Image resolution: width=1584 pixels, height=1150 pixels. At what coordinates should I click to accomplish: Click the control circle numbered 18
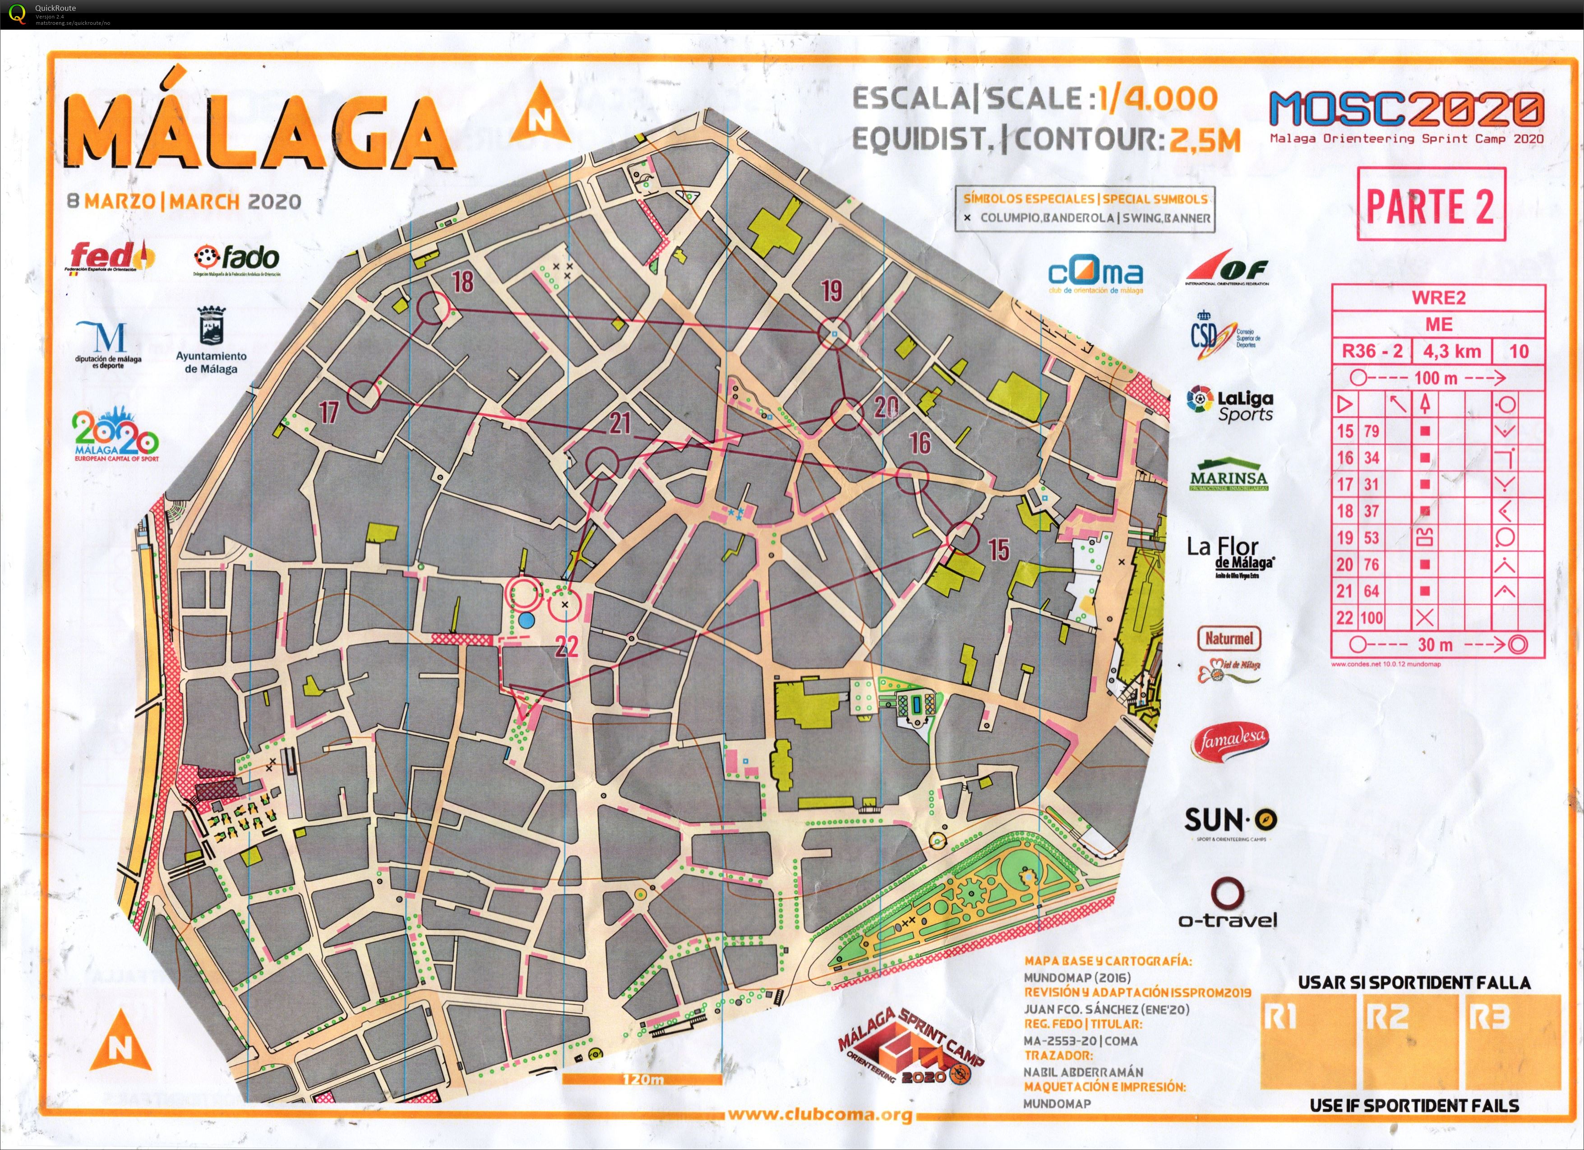coord(433,308)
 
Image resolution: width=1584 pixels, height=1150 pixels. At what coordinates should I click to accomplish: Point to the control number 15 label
coord(999,550)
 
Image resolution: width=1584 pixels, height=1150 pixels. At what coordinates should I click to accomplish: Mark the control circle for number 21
coord(601,463)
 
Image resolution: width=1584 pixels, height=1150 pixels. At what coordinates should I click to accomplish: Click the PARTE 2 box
coord(1430,205)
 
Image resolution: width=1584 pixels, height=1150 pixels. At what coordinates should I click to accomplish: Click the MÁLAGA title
coord(259,129)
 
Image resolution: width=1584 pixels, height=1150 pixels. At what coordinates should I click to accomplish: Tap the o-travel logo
coord(1227,905)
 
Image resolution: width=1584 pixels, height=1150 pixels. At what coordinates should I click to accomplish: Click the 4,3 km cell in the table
coord(1452,352)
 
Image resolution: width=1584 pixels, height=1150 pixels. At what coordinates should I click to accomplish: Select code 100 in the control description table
coord(1371,617)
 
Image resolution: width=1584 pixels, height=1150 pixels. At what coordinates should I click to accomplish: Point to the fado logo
coord(237,260)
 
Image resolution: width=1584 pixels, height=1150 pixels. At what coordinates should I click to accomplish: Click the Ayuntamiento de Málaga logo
coord(211,340)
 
